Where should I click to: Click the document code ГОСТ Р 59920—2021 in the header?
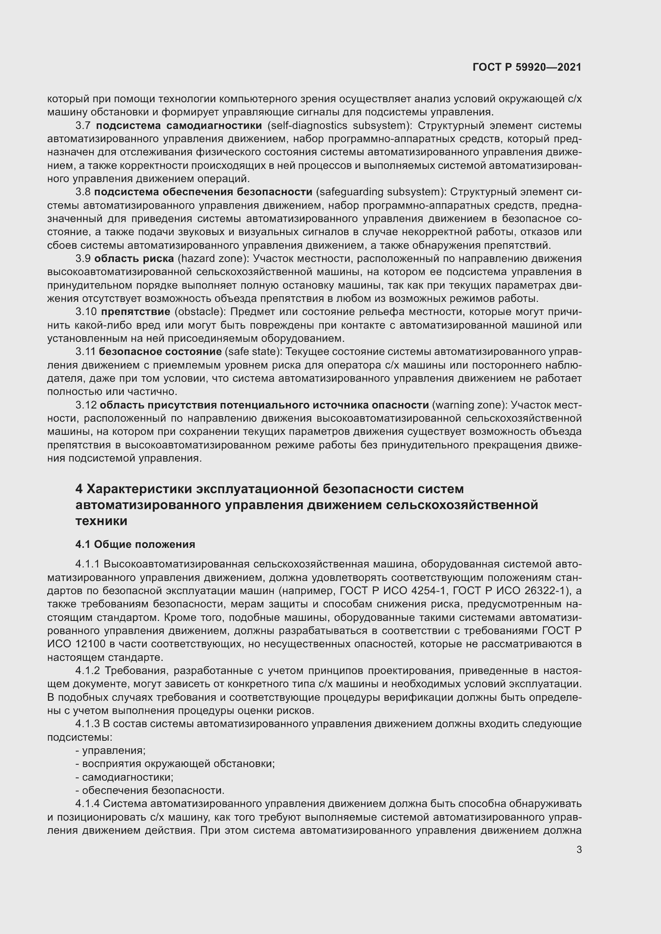point(527,67)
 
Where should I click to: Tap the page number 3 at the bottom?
point(579,850)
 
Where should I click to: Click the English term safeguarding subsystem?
point(379,192)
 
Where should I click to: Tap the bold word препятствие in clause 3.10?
point(135,312)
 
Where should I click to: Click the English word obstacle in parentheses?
point(200,312)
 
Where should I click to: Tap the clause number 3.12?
point(86,405)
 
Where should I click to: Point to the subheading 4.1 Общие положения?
point(135,544)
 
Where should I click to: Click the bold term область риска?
point(134,259)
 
